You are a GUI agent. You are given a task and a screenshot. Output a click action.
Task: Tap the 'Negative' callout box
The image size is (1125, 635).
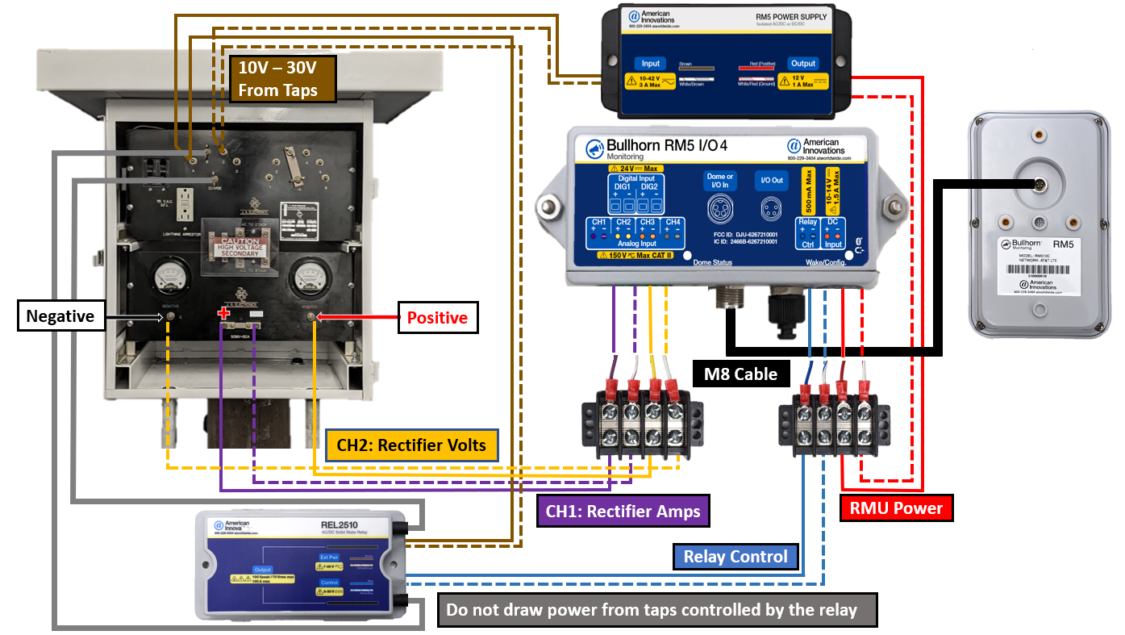click(x=60, y=316)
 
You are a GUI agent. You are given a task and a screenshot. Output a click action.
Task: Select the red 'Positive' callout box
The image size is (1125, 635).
click(x=438, y=318)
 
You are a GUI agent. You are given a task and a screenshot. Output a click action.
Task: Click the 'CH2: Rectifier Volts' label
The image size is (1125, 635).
click(x=411, y=445)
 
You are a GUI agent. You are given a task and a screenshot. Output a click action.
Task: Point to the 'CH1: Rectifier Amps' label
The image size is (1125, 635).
click(x=623, y=511)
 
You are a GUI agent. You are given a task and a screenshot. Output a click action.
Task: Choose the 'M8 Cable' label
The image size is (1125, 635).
click(x=740, y=374)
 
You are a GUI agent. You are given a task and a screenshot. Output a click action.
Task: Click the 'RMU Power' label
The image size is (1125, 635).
click(x=896, y=508)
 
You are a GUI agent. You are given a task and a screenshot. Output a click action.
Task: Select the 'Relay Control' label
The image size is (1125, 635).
click(x=735, y=557)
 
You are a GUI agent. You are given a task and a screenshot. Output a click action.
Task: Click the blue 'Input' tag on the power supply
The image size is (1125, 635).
click(x=650, y=64)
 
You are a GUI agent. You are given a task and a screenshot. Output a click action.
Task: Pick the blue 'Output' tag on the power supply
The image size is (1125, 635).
click(x=802, y=64)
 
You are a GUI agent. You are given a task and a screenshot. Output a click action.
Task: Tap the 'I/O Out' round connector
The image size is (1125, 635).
click(x=772, y=211)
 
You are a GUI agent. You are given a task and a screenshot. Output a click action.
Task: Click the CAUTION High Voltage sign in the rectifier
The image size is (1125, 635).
click(x=242, y=248)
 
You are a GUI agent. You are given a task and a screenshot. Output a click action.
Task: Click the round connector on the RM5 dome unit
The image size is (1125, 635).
click(x=1038, y=186)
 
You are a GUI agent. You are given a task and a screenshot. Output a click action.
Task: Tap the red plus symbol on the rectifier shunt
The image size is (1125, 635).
click(x=224, y=312)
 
